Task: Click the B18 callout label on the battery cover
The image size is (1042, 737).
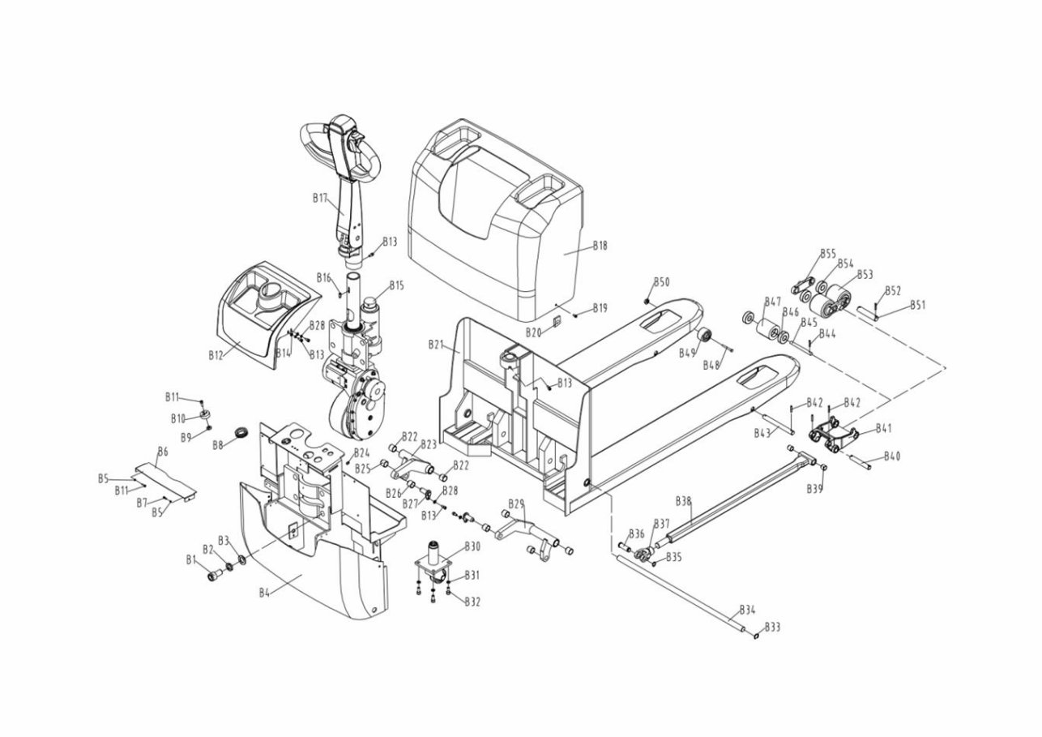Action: point(600,244)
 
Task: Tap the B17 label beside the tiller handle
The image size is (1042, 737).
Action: point(320,198)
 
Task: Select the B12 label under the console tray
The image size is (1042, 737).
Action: point(216,354)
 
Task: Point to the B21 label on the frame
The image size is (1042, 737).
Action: point(436,345)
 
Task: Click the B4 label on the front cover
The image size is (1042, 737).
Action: point(264,592)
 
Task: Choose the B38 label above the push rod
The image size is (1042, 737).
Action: point(683,501)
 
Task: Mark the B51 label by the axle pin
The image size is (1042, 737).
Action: point(917,305)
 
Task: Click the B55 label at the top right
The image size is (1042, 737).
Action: point(827,254)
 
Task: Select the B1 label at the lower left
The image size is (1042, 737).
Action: point(192,559)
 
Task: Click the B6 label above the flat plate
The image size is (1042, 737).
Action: point(162,451)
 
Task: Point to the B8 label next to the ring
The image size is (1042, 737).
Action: point(218,445)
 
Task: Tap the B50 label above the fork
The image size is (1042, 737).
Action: point(662,281)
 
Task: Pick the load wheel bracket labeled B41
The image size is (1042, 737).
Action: point(835,436)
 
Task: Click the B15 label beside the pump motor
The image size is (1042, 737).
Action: point(396,285)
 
